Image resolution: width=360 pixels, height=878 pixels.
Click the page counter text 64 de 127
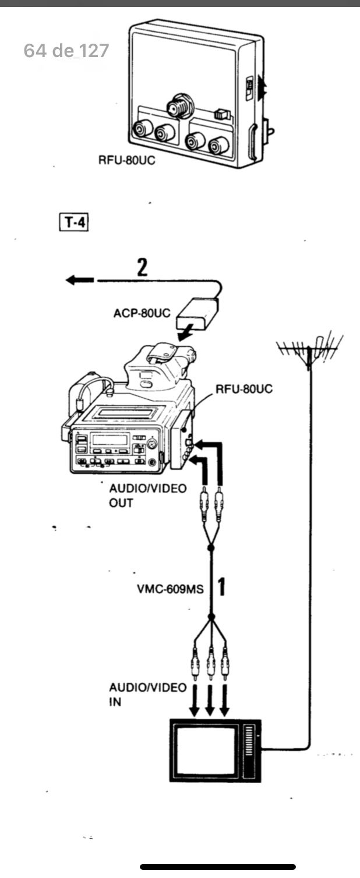66,51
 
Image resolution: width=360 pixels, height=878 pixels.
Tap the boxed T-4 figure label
74,222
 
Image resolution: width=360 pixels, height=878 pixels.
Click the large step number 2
142,267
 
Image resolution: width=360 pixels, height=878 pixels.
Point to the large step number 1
221,587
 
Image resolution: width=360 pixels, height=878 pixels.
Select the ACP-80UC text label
142,313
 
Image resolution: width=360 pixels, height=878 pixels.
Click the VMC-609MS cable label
170,589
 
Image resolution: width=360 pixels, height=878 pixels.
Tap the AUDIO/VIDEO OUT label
147,495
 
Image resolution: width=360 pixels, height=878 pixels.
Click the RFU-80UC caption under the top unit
126,160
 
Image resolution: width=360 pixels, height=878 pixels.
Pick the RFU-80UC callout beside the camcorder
244,389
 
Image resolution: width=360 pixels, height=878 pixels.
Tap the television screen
207,750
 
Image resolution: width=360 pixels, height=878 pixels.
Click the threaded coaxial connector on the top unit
179,106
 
